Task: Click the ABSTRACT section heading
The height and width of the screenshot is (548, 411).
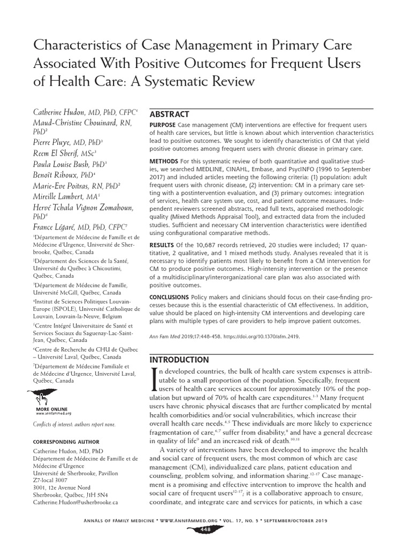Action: (169, 114)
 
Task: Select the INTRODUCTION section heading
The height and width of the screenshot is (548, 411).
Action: (179, 359)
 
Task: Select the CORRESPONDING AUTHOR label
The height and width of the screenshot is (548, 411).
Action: (66, 442)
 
